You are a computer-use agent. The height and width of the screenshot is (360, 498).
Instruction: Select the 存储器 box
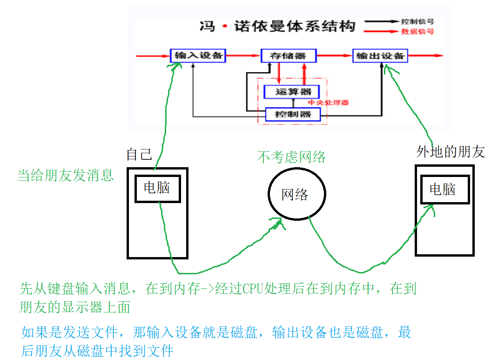pos(289,56)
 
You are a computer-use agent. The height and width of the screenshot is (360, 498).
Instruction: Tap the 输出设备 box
pos(380,56)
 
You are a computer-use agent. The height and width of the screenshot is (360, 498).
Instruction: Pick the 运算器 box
pos(291,92)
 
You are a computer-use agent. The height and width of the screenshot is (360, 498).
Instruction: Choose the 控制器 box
pos(293,114)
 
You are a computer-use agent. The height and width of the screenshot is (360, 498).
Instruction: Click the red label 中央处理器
pos(329,102)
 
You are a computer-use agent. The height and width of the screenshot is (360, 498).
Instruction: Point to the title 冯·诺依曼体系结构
pos(276,26)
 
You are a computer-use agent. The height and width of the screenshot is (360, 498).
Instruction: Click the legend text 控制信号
pos(417,21)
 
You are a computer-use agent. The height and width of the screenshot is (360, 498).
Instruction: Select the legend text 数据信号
pos(417,31)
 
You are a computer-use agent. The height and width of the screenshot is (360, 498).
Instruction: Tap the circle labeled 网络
pos(296,194)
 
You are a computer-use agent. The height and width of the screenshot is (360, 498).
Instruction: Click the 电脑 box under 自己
pos(157,188)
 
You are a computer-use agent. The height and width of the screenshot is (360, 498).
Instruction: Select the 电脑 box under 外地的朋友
pos(444,190)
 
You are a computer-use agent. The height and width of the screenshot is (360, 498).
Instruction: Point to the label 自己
pos(139,155)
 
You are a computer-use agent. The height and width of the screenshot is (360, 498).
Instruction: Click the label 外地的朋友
pos(450,152)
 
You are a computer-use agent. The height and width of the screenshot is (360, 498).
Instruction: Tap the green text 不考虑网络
pos(291,157)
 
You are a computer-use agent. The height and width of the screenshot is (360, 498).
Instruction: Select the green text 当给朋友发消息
pos(66,176)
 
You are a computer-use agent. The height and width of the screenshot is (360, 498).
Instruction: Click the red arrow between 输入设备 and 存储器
pos(243,56)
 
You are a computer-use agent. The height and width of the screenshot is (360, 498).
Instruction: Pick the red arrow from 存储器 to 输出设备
pos(334,56)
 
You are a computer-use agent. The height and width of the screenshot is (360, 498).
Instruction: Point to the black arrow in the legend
pos(382,21)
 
